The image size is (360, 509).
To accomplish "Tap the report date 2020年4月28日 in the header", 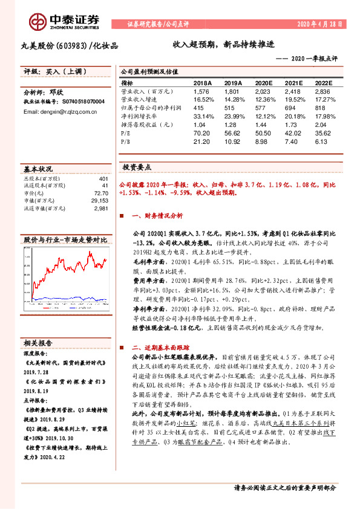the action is [320, 24].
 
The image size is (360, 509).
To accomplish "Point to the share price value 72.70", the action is [101, 193].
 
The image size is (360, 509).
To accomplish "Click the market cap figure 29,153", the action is [99, 201].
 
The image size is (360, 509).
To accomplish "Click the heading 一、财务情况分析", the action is [157, 215].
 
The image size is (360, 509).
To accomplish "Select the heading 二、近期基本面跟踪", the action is [160, 348].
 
